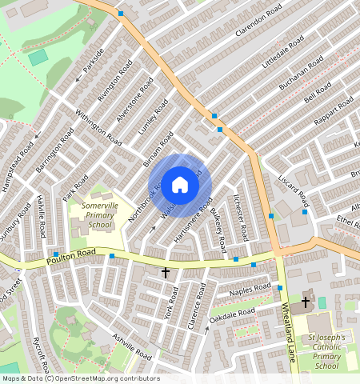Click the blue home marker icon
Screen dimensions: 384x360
[x=180, y=185]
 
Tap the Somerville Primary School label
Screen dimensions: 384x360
[x=101, y=215]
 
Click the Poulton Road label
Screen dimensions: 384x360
[x=70, y=256]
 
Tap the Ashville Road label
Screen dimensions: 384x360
[x=131, y=345]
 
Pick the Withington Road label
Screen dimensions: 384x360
[x=98, y=126]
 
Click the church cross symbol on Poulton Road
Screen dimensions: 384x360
[x=166, y=273]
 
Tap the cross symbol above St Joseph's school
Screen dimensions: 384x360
[x=305, y=302]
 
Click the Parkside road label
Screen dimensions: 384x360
[x=93, y=69]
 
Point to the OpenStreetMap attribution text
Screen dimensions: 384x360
[x=81, y=378]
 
